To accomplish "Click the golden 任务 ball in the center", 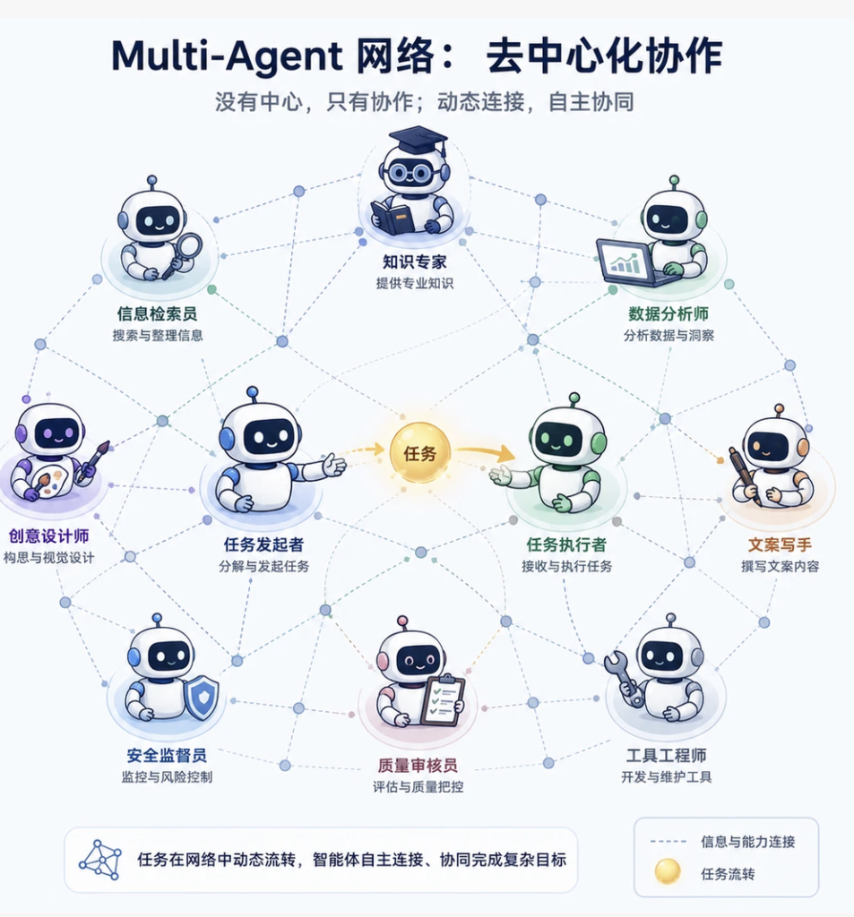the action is [x=419, y=452].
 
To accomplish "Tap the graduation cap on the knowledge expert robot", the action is [x=418, y=141].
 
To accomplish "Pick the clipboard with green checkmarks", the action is [x=443, y=699].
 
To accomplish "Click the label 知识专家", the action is [x=414, y=262].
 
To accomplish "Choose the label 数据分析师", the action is [x=669, y=314].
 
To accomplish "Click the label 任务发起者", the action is [x=264, y=545].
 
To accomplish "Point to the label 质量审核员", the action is [x=418, y=766].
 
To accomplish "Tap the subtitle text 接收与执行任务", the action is [x=566, y=566].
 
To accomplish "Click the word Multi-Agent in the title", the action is [x=227, y=56].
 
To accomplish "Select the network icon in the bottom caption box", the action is [x=100, y=860].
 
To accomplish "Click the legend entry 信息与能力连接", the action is [x=748, y=842].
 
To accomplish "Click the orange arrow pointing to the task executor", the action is [x=486, y=451].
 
